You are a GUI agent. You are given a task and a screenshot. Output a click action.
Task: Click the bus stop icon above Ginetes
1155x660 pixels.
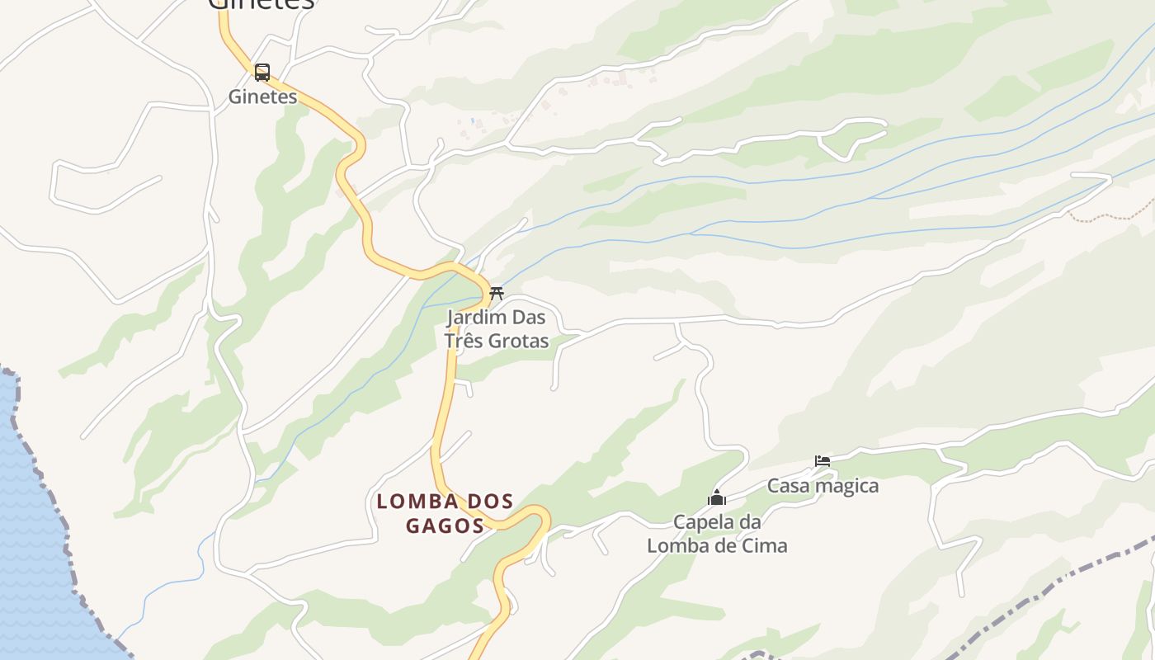(262, 73)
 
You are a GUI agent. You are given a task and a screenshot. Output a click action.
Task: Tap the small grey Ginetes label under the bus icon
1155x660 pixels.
(262, 97)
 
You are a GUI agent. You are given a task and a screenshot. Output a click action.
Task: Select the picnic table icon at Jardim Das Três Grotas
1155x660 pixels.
(496, 294)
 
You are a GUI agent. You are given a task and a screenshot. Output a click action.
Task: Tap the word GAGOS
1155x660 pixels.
(445, 526)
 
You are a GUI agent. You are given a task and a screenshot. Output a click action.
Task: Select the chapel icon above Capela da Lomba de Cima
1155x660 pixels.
(717, 497)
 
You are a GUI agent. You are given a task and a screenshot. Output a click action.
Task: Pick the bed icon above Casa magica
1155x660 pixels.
(823, 461)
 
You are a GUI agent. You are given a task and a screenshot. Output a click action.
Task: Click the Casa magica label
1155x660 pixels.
(823, 486)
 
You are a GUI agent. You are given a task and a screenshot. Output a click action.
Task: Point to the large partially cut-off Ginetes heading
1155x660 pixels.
(261, 4)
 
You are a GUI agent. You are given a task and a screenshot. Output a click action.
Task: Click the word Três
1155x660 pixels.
(463, 341)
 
